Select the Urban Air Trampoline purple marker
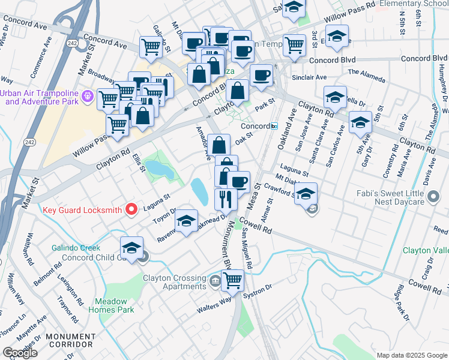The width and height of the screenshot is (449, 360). pos(88,95)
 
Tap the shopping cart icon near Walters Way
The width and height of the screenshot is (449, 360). pos(232,279)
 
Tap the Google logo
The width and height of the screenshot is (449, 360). pos(20,353)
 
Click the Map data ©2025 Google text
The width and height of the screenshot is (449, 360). pos(411,355)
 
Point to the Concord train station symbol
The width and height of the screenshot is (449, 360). pos(274,126)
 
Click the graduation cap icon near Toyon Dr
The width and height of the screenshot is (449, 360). pos(187,221)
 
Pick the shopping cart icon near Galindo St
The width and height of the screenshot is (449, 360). pos(151,47)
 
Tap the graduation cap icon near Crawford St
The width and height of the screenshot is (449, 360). pos(306,193)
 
